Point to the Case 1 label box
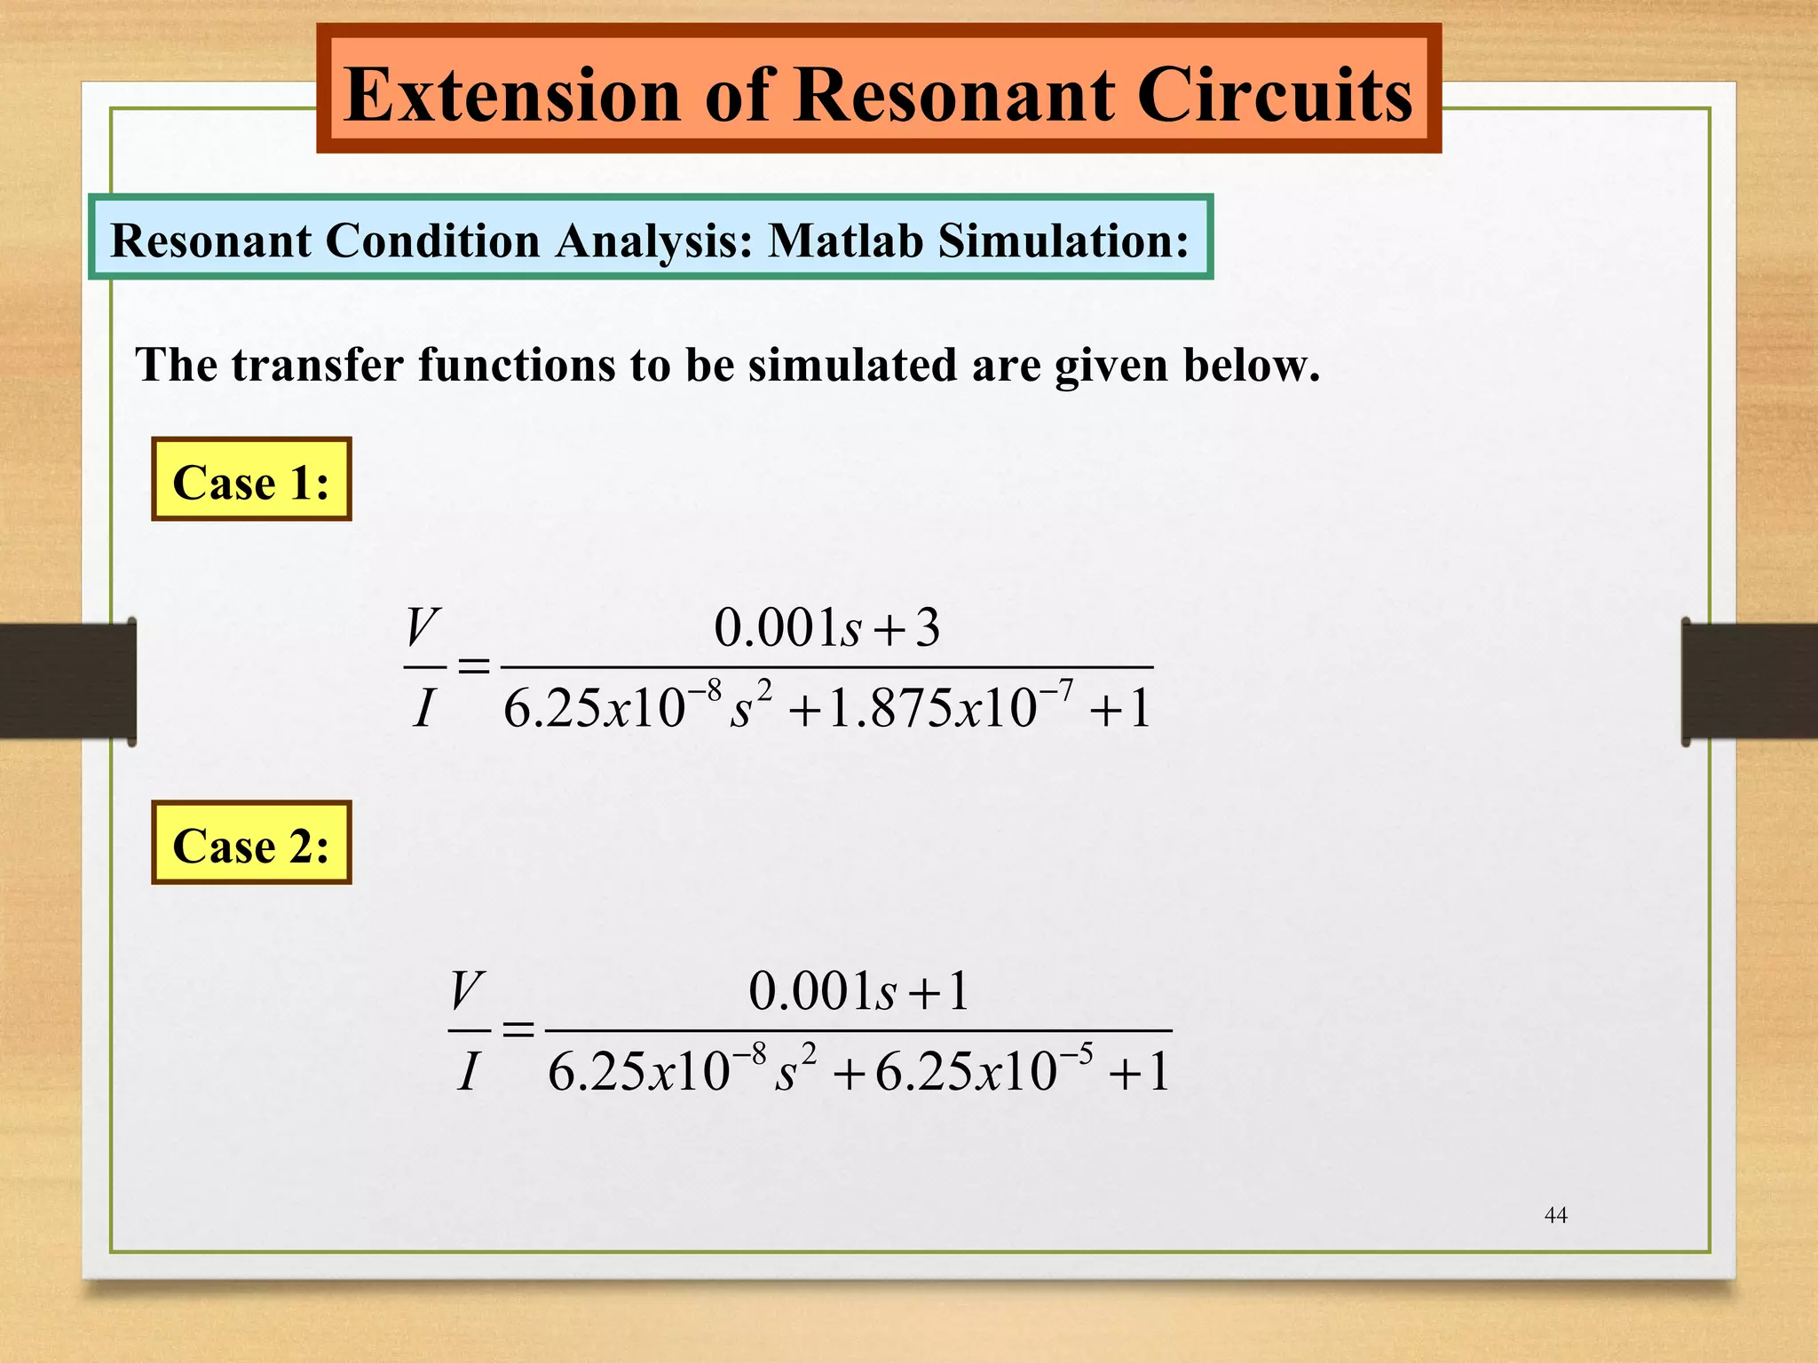click(251, 480)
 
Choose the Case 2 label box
click(251, 843)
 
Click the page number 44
click(1555, 1215)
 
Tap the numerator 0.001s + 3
click(826, 628)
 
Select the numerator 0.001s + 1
click(858, 991)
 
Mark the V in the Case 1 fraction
click(423, 628)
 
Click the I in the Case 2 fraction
click(468, 1071)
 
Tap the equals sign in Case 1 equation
click(473, 666)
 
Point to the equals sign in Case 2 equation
click(518, 1029)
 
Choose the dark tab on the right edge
click(1749, 681)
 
